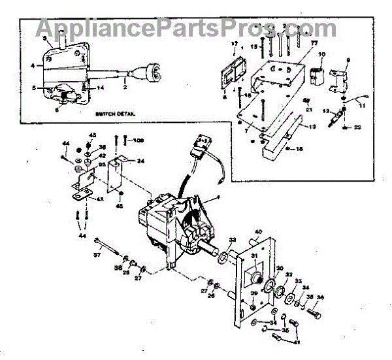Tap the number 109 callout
(x=138, y=140)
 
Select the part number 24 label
(x=141, y=161)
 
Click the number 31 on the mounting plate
(x=253, y=255)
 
